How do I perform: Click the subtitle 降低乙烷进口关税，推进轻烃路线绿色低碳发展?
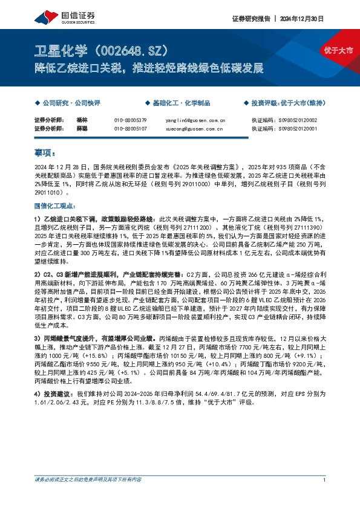click(148, 68)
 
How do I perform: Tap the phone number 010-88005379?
click(130, 120)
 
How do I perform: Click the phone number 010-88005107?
click(130, 128)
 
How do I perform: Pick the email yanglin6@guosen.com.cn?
click(195, 120)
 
